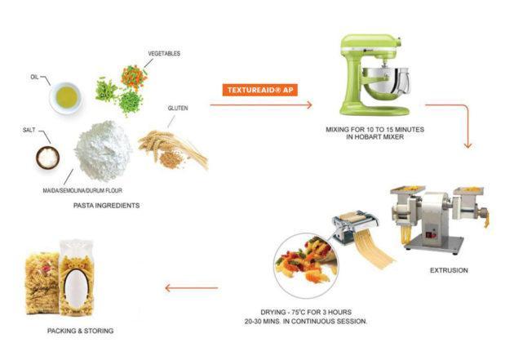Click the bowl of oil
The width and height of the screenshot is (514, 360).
(67, 97)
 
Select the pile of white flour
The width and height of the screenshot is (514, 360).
(104, 146)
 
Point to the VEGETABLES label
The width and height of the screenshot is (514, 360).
(164, 53)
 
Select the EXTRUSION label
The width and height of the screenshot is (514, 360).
(448, 270)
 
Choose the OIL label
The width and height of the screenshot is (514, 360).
(35, 78)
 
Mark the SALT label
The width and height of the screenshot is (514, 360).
(28, 130)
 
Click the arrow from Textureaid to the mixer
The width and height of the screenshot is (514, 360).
(261, 105)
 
